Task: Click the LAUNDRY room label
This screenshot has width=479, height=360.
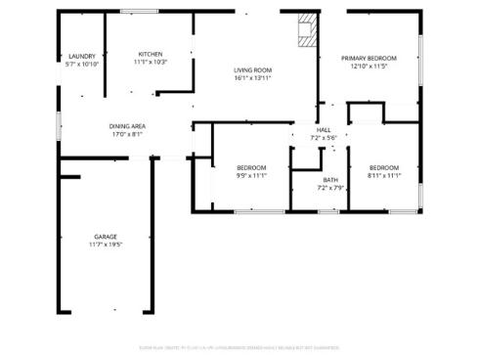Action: [x=82, y=57]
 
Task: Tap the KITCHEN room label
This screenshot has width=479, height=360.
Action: [x=150, y=54]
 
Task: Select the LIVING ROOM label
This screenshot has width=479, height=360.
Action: [x=252, y=70]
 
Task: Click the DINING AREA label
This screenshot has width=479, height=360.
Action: [x=127, y=126]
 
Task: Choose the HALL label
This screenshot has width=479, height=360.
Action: [x=323, y=130]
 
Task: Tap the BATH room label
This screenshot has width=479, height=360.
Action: [x=330, y=179]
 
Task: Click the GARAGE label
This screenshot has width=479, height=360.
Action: [x=106, y=237]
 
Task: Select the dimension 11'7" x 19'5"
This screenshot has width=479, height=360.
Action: [x=106, y=245]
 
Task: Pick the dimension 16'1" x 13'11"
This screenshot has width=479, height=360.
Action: [x=252, y=78]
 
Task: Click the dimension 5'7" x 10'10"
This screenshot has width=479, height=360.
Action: [x=82, y=65]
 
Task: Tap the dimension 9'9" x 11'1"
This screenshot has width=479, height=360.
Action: [x=251, y=175]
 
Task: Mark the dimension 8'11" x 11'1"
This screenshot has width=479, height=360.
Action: [x=383, y=175]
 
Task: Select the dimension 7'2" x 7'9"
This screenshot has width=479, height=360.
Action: [x=330, y=187]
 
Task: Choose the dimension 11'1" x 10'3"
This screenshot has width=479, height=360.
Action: [x=150, y=62]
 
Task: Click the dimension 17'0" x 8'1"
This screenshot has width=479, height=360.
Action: [x=127, y=134]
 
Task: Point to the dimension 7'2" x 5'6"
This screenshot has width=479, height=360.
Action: [x=323, y=138]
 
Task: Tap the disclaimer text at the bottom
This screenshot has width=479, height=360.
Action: [x=239, y=344]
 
